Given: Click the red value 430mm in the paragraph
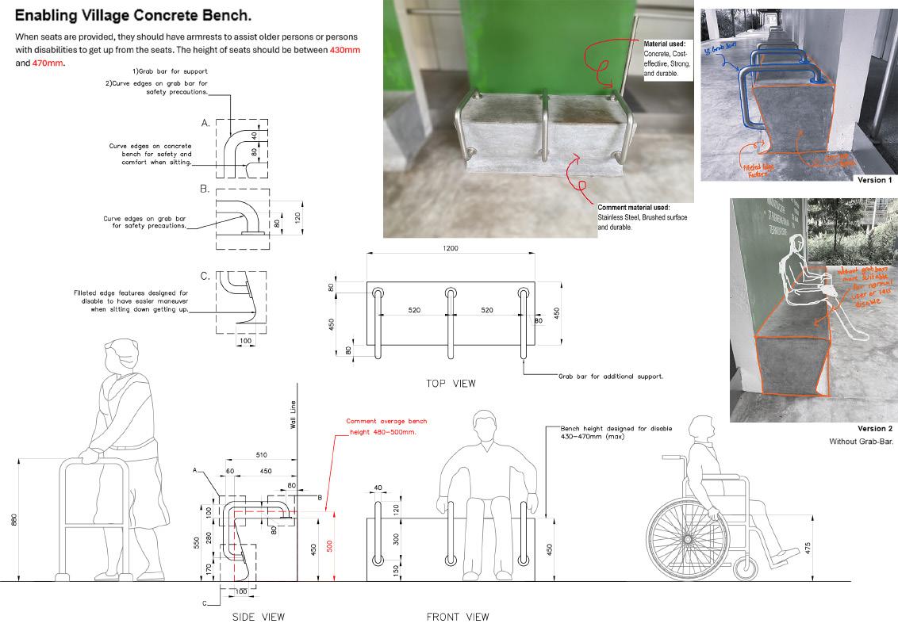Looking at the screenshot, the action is pyautogui.click(x=345, y=50).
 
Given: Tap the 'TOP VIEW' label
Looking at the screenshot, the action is pyautogui.click(x=451, y=384).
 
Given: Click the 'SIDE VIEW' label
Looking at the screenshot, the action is pyautogui.click(x=258, y=617).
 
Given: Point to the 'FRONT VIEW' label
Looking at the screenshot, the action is pyautogui.click(x=458, y=617).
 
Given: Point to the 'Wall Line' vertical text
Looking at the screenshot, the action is pyautogui.click(x=293, y=414).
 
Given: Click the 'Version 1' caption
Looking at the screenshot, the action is pyautogui.click(x=874, y=180).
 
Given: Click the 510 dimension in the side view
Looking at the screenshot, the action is pyautogui.click(x=260, y=455).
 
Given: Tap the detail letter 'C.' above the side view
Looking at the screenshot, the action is pyautogui.click(x=205, y=276).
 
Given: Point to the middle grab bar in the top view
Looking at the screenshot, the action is pyautogui.click(x=451, y=321).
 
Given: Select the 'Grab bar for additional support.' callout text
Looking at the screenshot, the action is pyautogui.click(x=610, y=376).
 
